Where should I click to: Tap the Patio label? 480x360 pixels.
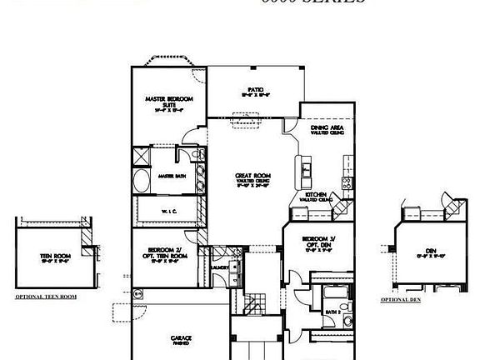(255, 92)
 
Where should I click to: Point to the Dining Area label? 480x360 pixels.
(325, 128)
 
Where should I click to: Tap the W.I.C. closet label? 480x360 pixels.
(167, 212)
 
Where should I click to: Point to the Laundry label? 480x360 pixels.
(221, 267)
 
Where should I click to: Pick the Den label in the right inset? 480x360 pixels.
(432, 251)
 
